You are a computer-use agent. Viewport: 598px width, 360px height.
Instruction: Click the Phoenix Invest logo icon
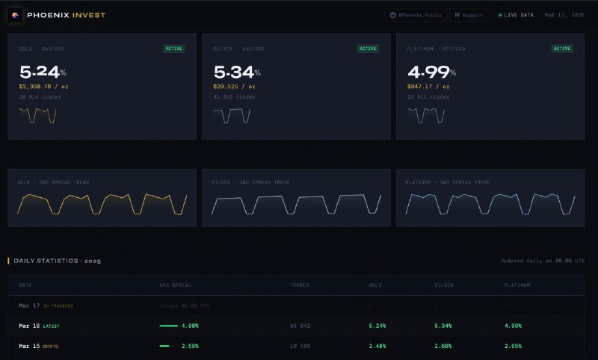tap(15, 14)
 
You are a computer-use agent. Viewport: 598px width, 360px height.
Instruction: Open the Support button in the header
tap(469, 15)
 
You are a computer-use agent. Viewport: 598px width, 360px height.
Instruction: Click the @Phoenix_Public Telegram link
tap(416, 15)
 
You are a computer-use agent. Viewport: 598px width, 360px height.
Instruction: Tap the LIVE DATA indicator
tap(517, 15)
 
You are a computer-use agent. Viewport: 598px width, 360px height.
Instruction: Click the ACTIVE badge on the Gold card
tap(174, 49)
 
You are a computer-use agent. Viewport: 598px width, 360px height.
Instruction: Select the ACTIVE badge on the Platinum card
tap(561, 49)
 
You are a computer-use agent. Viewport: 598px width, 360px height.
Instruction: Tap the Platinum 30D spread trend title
tap(448, 182)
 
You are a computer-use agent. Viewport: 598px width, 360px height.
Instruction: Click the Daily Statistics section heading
tap(57, 261)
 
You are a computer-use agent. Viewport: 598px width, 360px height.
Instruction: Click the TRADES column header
tap(299, 285)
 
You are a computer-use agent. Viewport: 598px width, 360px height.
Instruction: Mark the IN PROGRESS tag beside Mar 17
tap(58, 305)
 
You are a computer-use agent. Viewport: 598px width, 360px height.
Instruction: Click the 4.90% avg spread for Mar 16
tap(189, 326)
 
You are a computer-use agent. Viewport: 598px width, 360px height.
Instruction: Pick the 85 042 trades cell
tap(300, 326)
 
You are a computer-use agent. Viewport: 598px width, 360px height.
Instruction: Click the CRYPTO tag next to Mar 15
tap(50, 347)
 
